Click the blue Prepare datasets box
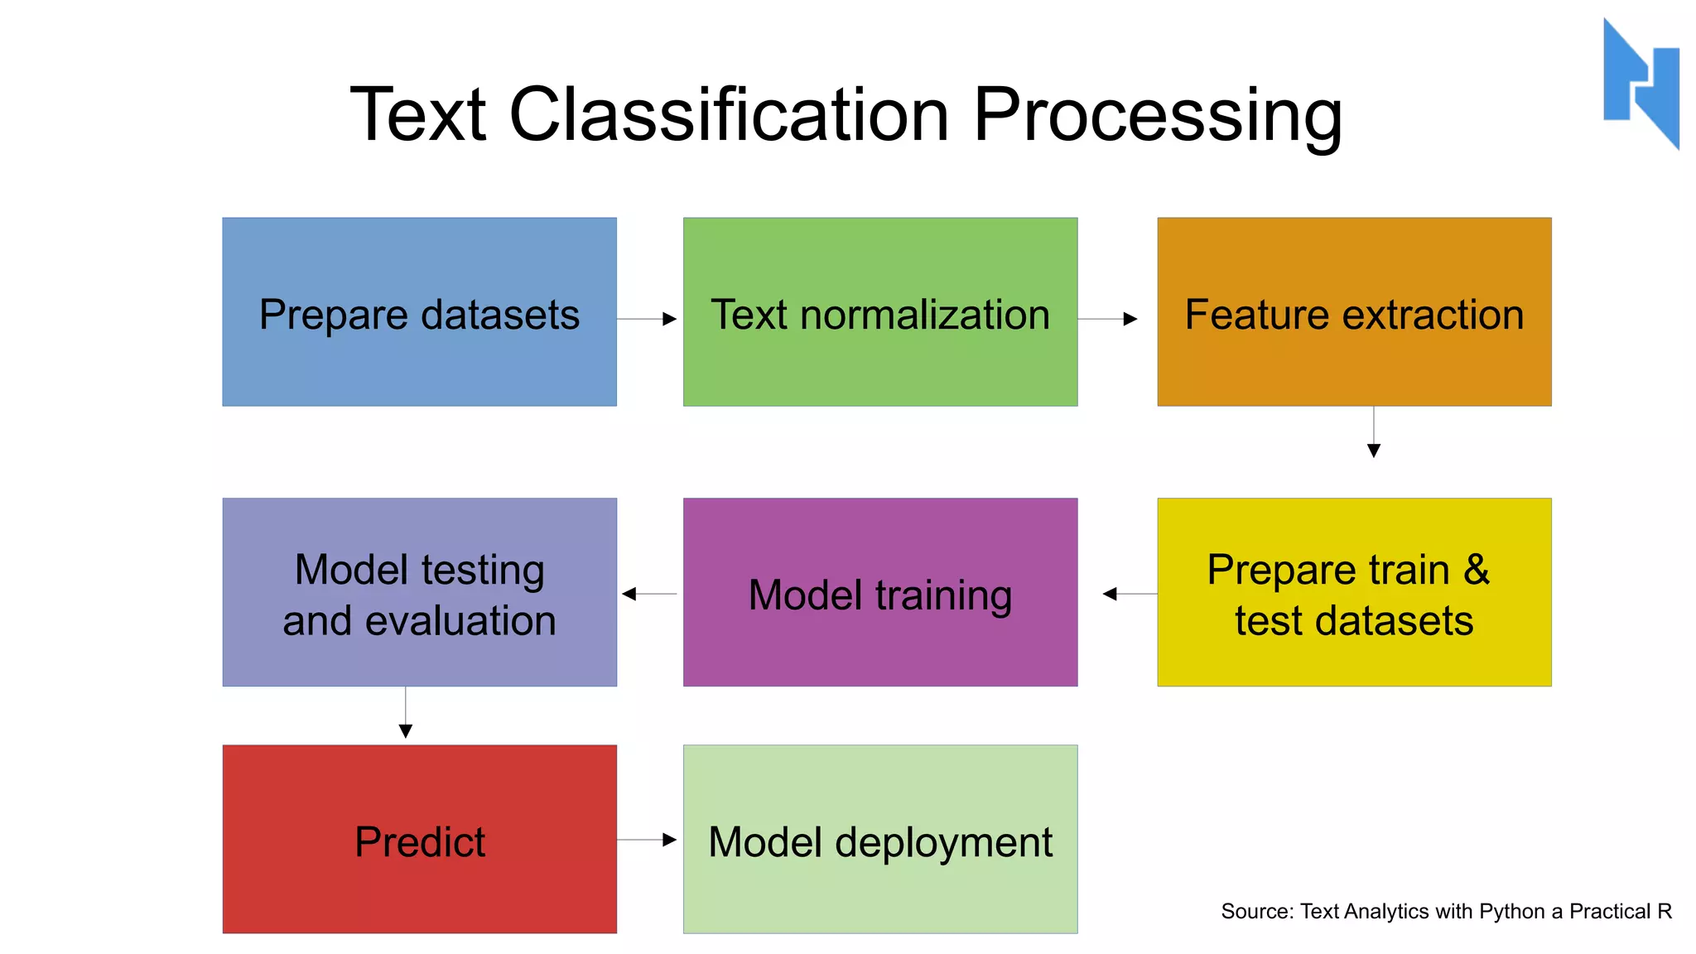click(x=419, y=311)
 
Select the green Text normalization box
click(x=879, y=311)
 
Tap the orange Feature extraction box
click(x=1353, y=311)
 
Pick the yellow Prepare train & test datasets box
click(x=1353, y=591)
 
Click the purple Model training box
click(x=879, y=591)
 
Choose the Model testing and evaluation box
click(x=419, y=591)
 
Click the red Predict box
click(x=419, y=838)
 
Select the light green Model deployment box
click(x=879, y=838)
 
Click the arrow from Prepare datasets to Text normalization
click(x=648, y=319)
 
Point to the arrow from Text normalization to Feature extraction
click(x=1108, y=319)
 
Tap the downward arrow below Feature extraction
click(x=1373, y=432)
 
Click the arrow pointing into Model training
click(x=1130, y=594)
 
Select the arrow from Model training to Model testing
click(x=649, y=594)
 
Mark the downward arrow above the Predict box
click(x=405, y=712)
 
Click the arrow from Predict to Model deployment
click(x=648, y=840)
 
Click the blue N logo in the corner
click(x=1641, y=83)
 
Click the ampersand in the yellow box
click(x=1476, y=570)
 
